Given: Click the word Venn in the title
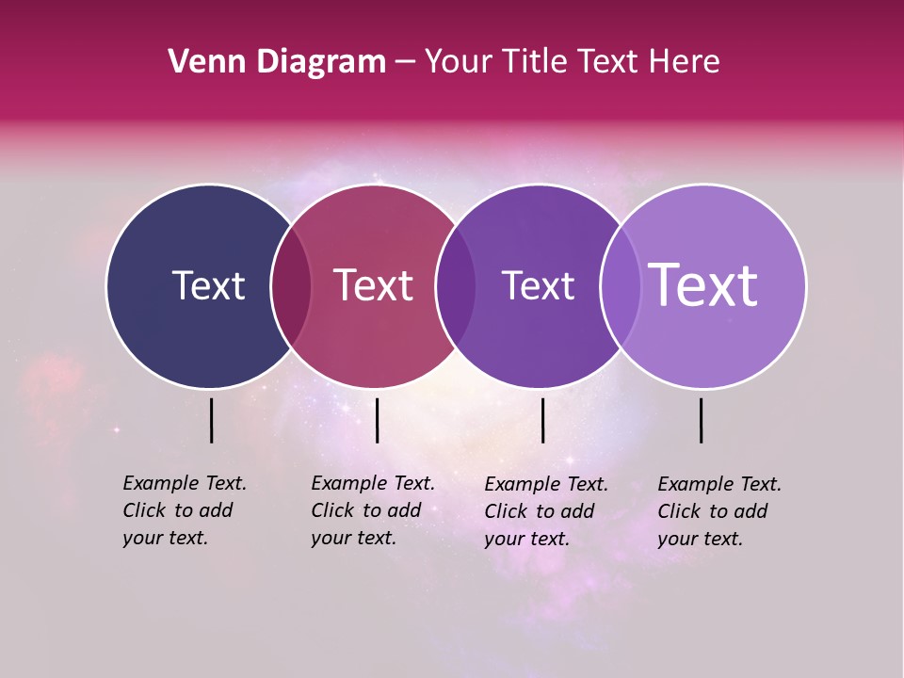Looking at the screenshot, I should point(203,62).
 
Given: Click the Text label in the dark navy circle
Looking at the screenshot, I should point(208,285).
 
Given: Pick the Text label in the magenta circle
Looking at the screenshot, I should point(374,285).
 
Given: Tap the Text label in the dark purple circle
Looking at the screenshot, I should point(538,285).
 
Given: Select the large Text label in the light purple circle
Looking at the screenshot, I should point(703,285).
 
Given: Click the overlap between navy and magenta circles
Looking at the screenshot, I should point(291,285).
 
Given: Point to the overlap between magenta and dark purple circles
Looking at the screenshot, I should point(456,285).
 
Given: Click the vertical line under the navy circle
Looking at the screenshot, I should point(211,420).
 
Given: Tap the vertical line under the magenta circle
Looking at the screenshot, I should point(377,420).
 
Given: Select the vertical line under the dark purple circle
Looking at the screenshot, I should point(542,420).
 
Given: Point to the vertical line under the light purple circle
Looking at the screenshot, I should point(702,420).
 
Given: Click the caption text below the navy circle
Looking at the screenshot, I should point(184,510).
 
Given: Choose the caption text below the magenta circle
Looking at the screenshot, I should point(372,510).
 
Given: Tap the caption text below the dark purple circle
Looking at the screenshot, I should point(545,511).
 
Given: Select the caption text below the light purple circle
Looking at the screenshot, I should point(718,511).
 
